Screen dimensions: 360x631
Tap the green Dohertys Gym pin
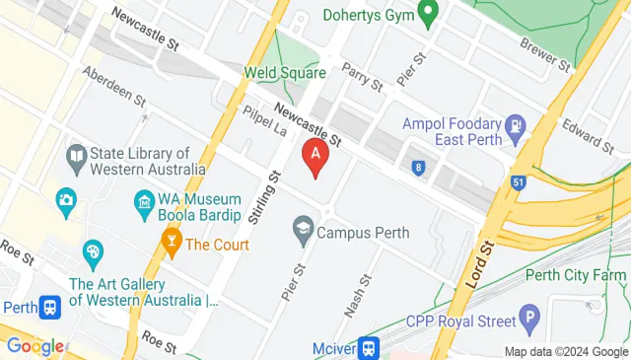coord(427,14)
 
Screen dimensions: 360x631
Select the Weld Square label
coord(285,73)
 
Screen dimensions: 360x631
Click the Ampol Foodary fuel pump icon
coord(515,126)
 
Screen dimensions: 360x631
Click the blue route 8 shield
coord(419,168)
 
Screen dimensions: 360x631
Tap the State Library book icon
coord(75,156)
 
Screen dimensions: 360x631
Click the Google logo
coord(35,346)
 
